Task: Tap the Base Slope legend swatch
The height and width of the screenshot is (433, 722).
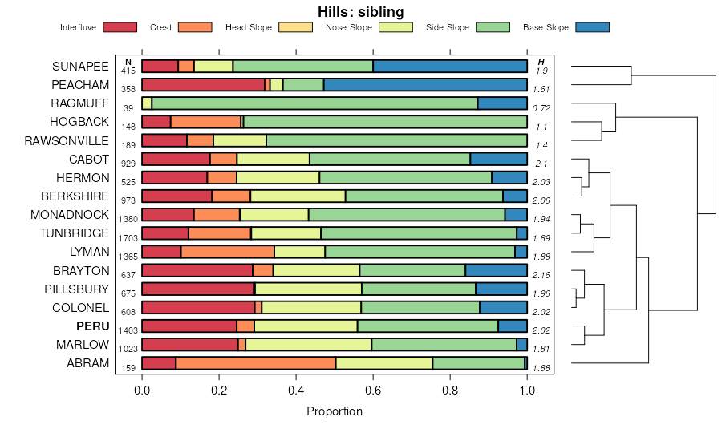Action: coord(593,27)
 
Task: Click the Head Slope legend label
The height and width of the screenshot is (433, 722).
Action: coord(248,27)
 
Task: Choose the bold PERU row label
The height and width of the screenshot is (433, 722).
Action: coord(92,326)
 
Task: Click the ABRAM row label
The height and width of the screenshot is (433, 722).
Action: coord(87,363)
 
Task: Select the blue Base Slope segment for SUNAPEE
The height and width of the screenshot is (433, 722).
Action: coord(450,66)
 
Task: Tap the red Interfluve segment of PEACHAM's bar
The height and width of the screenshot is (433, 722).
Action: coord(203,84)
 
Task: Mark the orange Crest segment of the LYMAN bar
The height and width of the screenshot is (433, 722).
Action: coord(228,252)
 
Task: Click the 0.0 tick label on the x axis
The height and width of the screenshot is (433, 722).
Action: coord(142,392)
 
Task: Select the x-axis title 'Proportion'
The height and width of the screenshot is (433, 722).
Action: coord(335,411)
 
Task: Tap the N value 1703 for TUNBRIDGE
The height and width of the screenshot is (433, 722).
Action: coord(128,238)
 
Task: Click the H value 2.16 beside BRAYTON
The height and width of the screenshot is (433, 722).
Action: coord(541,275)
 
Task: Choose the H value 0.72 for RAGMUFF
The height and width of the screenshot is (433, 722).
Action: coord(541,108)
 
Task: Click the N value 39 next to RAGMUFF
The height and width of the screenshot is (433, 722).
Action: coord(128,108)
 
